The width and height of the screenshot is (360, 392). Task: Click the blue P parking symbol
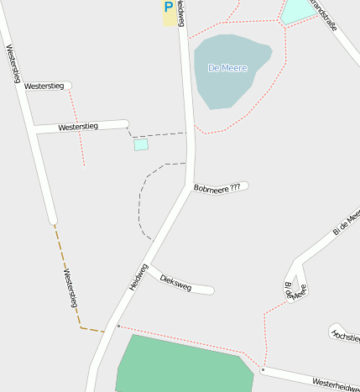[169, 7]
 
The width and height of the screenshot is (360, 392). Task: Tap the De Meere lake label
[227, 68]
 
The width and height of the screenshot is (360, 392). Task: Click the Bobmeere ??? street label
[217, 187]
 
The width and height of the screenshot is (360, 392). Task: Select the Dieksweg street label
[175, 282]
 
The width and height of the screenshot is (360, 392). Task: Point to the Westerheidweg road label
[335, 384]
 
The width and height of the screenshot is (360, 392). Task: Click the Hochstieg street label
[345, 335]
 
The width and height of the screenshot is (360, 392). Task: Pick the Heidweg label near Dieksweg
[138, 277]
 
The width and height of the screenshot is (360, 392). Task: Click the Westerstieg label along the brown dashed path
[70, 288]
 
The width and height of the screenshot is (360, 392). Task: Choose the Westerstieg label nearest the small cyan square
[78, 127]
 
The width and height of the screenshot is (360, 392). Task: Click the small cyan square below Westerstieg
[141, 145]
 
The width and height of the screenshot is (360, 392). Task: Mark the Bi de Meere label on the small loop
[295, 290]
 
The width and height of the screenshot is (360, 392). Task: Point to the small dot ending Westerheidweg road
[263, 369]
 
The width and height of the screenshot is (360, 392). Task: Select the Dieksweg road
[197, 289]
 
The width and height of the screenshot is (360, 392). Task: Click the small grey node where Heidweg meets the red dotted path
[118, 326]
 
